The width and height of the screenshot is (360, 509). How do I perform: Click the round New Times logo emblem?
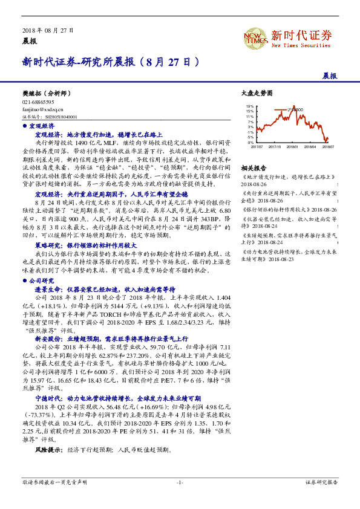(255, 39)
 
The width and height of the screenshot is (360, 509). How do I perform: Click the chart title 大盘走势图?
(257, 94)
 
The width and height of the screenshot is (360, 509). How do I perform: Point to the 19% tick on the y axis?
(250, 106)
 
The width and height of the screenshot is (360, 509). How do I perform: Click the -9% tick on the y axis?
(250, 142)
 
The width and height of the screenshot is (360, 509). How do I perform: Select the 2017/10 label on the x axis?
(275, 146)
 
